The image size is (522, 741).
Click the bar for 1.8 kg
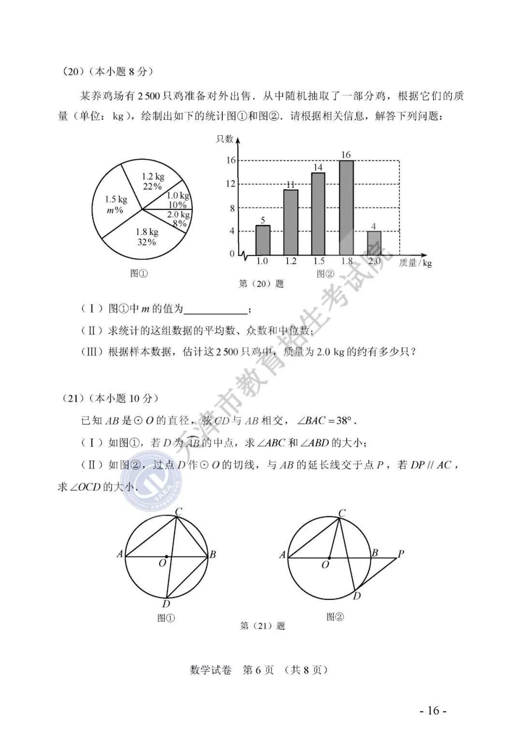click(346, 208)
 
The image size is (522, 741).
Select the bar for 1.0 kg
click(262, 240)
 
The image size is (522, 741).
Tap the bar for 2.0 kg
click(374, 243)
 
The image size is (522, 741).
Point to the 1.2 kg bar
click(290, 222)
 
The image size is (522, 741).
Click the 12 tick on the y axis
click(231, 184)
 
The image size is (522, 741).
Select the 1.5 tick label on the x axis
click(318, 261)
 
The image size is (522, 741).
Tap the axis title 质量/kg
click(415, 263)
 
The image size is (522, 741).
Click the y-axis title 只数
click(224, 139)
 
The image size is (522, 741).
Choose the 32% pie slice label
click(147, 242)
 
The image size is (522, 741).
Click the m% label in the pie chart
click(115, 210)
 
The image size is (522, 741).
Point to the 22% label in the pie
click(152, 186)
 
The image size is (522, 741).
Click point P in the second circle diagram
click(400, 554)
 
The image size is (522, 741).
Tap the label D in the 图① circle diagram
click(166, 604)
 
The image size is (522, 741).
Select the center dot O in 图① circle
click(167, 556)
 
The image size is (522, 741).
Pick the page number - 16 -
click(433, 711)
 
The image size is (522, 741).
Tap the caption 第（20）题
click(261, 284)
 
